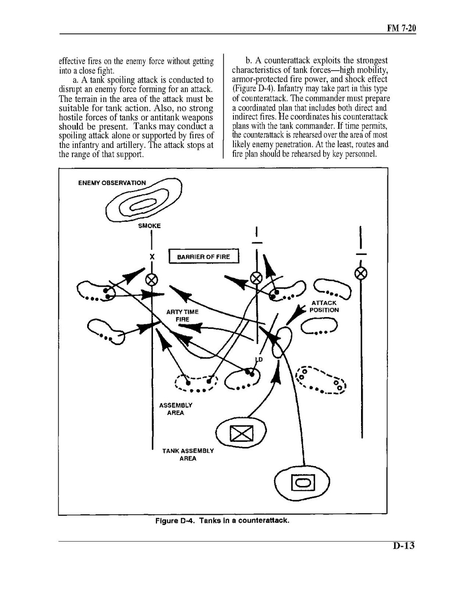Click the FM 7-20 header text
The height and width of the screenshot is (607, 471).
401,28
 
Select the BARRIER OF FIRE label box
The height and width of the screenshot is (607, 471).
203,257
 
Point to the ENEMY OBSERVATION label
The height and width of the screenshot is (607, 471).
112,183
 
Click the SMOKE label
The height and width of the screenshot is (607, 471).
149,226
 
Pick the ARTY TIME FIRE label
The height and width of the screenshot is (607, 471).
182,316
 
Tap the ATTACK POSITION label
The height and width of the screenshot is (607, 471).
324,307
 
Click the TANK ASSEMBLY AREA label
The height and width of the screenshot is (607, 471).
188,454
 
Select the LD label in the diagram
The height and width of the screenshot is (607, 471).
259,360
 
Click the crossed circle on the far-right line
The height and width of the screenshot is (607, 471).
361,274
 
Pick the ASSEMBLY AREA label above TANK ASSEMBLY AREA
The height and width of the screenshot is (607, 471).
176,409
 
